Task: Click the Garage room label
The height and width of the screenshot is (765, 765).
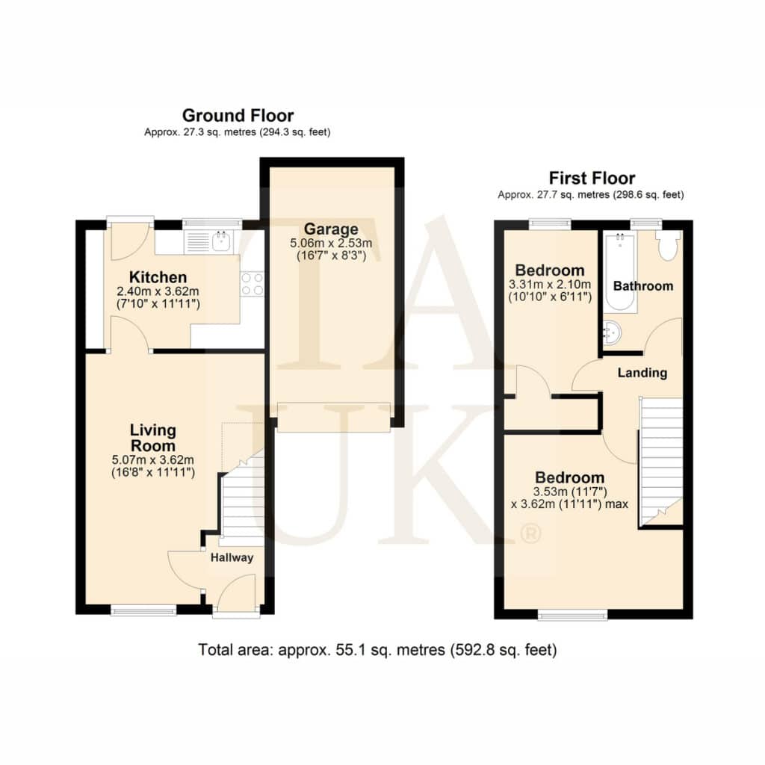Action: [331, 229]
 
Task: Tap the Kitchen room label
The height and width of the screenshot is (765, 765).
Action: [158, 277]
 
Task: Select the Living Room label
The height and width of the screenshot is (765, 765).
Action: [152, 438]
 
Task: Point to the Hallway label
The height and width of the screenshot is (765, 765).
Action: [232, 557]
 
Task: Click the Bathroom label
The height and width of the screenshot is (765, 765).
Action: [643, 286]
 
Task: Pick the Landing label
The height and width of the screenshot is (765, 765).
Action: [642, 373]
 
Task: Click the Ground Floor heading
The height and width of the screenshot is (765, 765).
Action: [238, 116]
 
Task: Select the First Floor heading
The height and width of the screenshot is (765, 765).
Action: [592, 178]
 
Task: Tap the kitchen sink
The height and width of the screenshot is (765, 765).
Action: [222, 241]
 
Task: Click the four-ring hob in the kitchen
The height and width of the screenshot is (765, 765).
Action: [253, 284]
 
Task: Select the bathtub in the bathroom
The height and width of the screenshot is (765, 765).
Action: [620, 273]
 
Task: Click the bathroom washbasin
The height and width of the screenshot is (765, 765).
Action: [611, 332]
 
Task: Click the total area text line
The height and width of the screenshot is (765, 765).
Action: [377, 650]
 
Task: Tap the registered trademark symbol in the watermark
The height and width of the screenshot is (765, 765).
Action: [531, 533]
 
